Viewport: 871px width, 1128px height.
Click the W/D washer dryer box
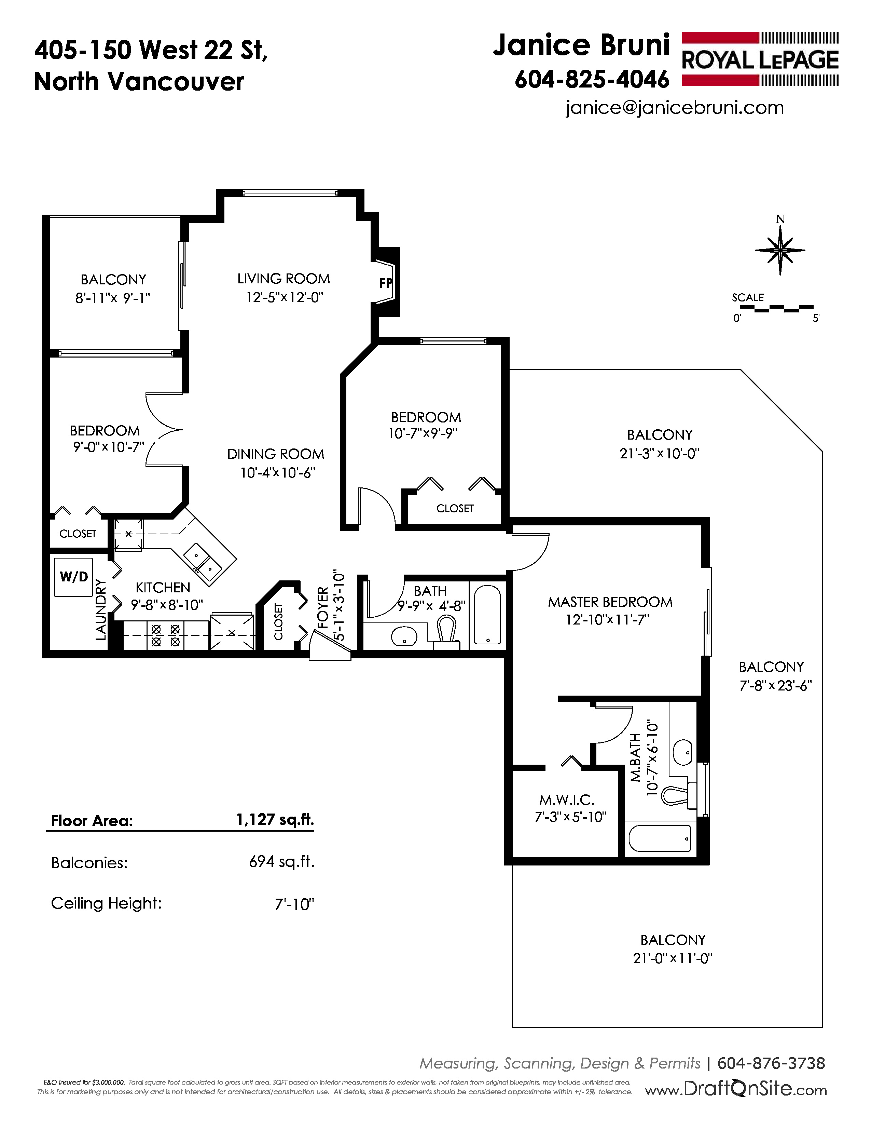[x=74, y=577]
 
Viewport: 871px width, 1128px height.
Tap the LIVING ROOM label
[x=283, y=279]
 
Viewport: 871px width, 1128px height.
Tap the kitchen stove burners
[x=166, y=635]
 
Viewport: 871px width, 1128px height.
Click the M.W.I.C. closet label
[x=567, y=800]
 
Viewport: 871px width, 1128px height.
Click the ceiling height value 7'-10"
[x=295, y=903]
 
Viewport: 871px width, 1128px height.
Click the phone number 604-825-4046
[x=592, y=80]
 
